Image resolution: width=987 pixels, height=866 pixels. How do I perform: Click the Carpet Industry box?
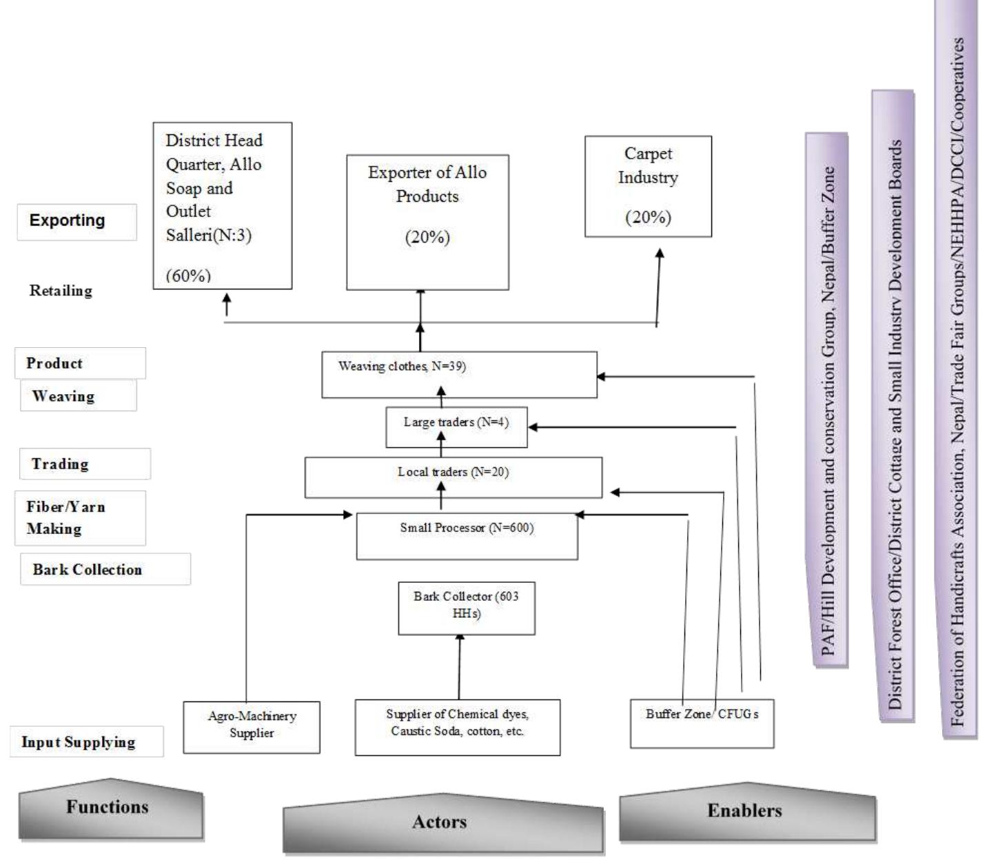tap(648, 186)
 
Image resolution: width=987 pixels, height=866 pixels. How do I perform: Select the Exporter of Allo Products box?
tap(427, 222)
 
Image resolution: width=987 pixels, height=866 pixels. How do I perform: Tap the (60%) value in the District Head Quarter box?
tap(188, 276)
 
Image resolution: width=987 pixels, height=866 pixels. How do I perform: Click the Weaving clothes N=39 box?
tap(459, 375)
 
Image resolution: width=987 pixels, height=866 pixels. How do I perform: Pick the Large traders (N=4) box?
tap(456, 427)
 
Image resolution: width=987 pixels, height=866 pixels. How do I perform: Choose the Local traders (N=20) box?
tap(453, 477)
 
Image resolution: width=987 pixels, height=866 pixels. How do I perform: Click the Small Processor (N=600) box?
tap(467, 536)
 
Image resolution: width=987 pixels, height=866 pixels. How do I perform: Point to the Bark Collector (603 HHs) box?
tap(466, 608)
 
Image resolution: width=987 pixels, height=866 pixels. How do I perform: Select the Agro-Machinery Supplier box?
tap(252, 727)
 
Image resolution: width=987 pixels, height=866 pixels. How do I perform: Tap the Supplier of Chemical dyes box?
tap(457, 727)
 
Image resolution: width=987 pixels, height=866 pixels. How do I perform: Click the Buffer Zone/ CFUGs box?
tap(702, 723)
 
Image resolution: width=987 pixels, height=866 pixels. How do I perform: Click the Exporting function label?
tap(77, 221)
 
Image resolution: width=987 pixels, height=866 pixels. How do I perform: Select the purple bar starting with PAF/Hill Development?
tap(827, 400)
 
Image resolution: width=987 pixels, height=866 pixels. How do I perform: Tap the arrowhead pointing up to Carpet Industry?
tap(660, 254)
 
